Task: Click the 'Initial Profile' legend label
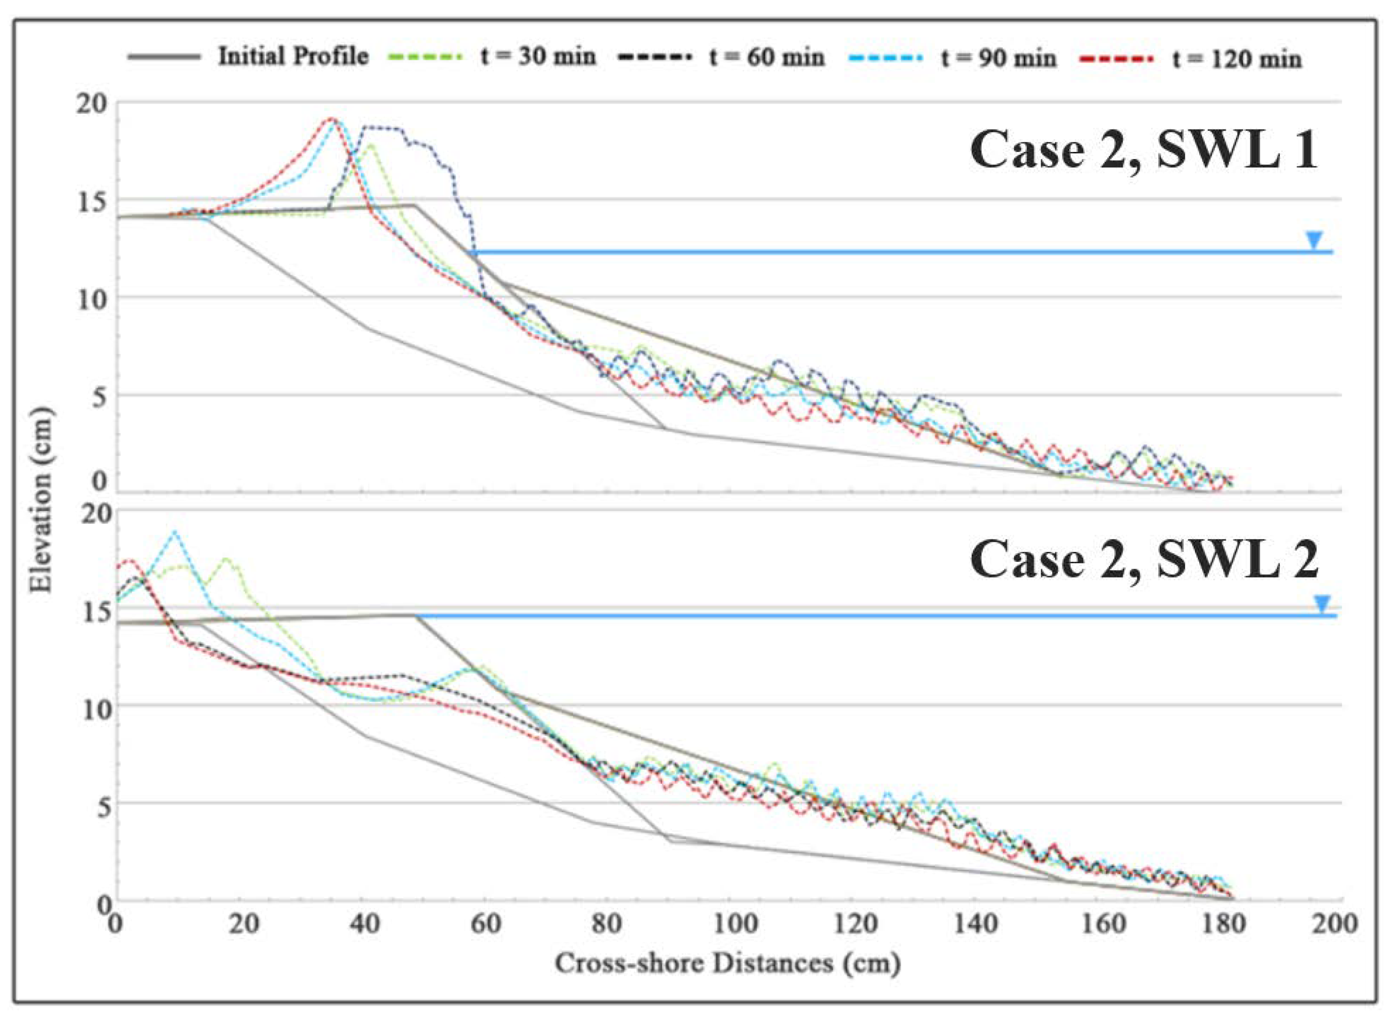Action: coord(293,57)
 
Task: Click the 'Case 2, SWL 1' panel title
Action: coord(1144,152)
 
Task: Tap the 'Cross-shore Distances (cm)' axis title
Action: coord(727,964)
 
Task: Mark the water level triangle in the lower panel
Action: coord(1321,604)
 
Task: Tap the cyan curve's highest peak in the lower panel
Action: coord(175,531)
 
